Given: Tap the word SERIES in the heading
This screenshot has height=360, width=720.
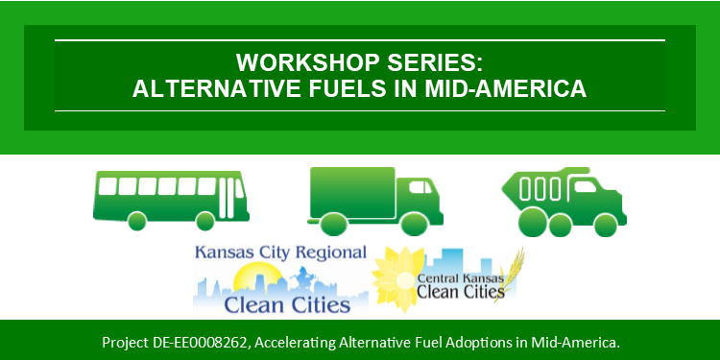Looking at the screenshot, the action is pos(435,62).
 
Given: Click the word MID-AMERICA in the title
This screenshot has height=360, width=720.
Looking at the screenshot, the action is pos(506,88).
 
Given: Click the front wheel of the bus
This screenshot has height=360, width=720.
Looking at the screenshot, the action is pos(204,221).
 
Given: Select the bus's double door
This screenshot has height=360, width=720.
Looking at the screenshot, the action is pos(227,198).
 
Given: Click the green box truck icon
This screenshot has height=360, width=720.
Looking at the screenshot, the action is pos(375,202).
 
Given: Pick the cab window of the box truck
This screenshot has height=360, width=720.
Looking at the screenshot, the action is pos(420,187).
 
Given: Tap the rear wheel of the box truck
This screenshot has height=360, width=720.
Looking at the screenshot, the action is pos(332,225).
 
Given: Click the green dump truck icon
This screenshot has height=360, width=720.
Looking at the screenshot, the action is pos(564,202).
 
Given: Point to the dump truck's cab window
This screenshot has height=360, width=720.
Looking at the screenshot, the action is pos(585,186).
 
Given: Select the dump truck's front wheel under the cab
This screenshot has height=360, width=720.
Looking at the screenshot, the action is pos(606,226).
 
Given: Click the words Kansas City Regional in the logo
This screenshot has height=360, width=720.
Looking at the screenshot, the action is pos(280,252).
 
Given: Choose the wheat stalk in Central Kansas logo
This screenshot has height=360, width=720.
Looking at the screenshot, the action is pos(510,275).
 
